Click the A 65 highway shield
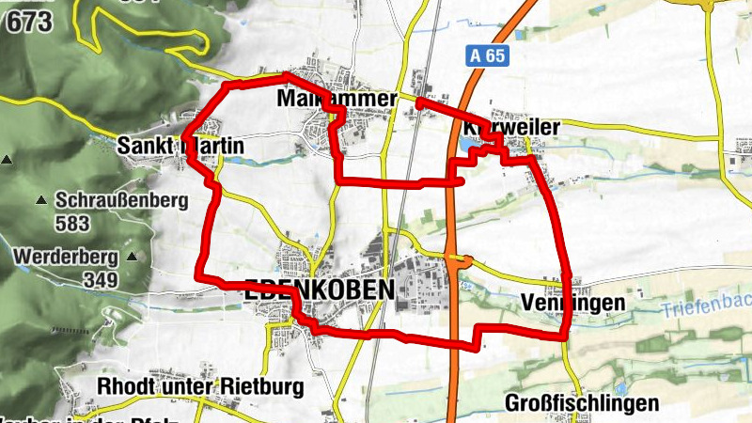489,56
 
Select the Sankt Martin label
180,147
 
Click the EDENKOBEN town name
319,291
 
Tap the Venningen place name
572,303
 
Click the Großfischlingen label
582,403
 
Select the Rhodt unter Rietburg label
200,386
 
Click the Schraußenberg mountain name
122,200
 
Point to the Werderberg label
65,256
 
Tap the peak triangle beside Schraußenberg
40,200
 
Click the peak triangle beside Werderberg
132,256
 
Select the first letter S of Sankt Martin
124,147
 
